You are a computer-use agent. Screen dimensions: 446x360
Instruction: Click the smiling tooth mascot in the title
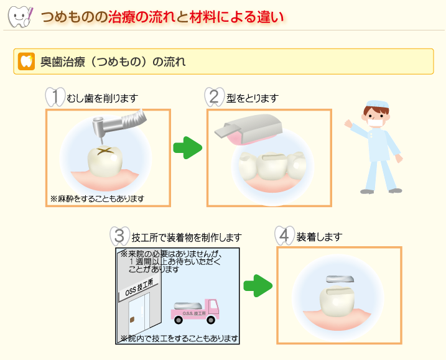[x=20, y=17]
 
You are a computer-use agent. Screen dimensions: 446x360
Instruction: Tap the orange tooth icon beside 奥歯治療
[x=26, y=61]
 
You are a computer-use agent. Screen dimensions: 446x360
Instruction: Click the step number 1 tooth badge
[x=55, y=97]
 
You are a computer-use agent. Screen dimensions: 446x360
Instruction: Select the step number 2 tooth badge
[x=215, y=97]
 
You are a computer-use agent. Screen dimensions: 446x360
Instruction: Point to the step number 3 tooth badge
[x=120, y=236]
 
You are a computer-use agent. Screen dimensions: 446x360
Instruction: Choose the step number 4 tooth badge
[x=284, y=236]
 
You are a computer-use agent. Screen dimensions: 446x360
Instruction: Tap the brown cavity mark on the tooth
[x=106, y=151]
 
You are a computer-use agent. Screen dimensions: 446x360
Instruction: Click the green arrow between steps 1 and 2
[x=187, y=148]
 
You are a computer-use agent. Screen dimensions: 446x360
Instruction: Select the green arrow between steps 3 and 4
[x=258, y=286]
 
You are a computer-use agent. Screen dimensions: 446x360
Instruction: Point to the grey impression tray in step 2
[x=248, y=129]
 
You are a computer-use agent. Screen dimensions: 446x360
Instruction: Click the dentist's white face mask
[x=375, y=123]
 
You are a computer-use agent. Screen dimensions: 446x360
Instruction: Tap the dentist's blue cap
[x=378, y=104]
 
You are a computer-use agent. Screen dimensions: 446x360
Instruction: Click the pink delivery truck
[x=195, y=312]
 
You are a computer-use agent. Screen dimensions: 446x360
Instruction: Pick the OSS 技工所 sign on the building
[x=139, y=288]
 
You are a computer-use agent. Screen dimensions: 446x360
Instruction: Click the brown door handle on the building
[x=132, y=320]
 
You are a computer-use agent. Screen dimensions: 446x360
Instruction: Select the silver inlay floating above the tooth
[x=340, y=279]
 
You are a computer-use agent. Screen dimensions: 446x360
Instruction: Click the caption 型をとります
[x=253, y=98]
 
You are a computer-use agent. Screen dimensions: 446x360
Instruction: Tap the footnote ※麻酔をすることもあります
[x=97, y=198]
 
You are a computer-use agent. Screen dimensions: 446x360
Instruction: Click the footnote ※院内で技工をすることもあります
[x=179, y=338]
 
